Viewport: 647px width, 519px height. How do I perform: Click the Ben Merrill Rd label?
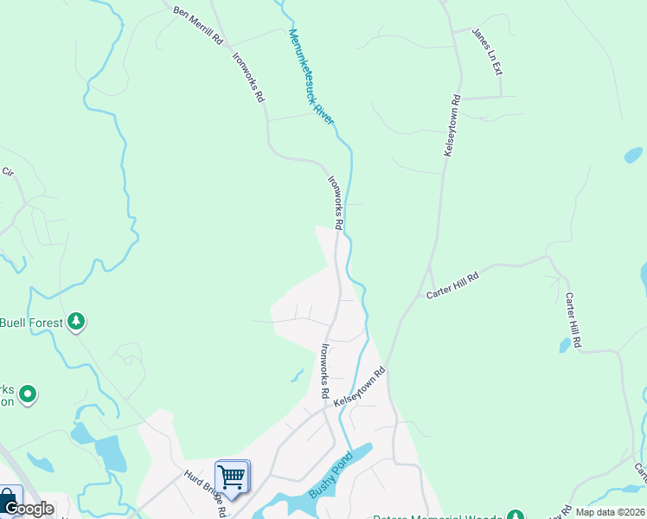(x=198, y=26)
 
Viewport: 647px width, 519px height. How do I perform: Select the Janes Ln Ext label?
(x=486, y=51)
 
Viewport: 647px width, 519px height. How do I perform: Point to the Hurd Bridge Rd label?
(x=205, y=493)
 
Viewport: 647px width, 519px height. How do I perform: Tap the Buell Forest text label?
(x=31, y=323)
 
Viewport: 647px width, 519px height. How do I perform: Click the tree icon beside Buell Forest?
(x=77, y=322)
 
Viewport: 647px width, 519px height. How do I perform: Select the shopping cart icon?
(x=232, y=476)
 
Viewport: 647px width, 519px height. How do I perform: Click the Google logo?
(x=29, y=509)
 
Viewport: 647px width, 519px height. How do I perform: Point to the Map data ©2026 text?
(x=610, y=512)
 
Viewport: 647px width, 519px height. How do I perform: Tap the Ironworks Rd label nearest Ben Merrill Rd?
(x=248, y=77)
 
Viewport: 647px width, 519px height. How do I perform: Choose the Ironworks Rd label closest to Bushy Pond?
(x=325, y=371)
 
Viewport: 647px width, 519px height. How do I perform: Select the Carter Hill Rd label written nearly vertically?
(x=573, y=320)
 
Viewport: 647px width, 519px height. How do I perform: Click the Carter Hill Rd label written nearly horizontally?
(x=452, y=283)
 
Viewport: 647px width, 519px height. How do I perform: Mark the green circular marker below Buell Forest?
(x=28, y=395)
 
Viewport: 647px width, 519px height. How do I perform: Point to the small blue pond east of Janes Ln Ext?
(x=634, y=155)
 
